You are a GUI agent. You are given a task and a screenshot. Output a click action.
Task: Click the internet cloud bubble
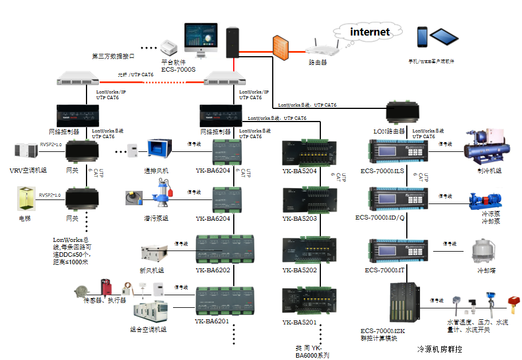pos(370,32)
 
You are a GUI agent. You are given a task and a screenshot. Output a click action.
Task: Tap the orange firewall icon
pos(280,46)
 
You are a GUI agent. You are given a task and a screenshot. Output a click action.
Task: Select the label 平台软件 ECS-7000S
pos(178,65)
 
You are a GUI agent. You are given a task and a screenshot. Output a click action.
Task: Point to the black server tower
pos(232,42)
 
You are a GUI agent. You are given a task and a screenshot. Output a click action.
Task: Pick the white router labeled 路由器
pos(317,49)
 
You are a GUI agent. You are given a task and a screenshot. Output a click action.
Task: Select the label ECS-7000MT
pos(384,269)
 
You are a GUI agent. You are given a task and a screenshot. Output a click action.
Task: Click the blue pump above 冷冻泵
pos(482,200)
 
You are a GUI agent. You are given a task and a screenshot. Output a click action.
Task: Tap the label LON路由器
pos(390,131)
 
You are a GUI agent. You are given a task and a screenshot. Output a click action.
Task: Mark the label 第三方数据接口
pos(113,56)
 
